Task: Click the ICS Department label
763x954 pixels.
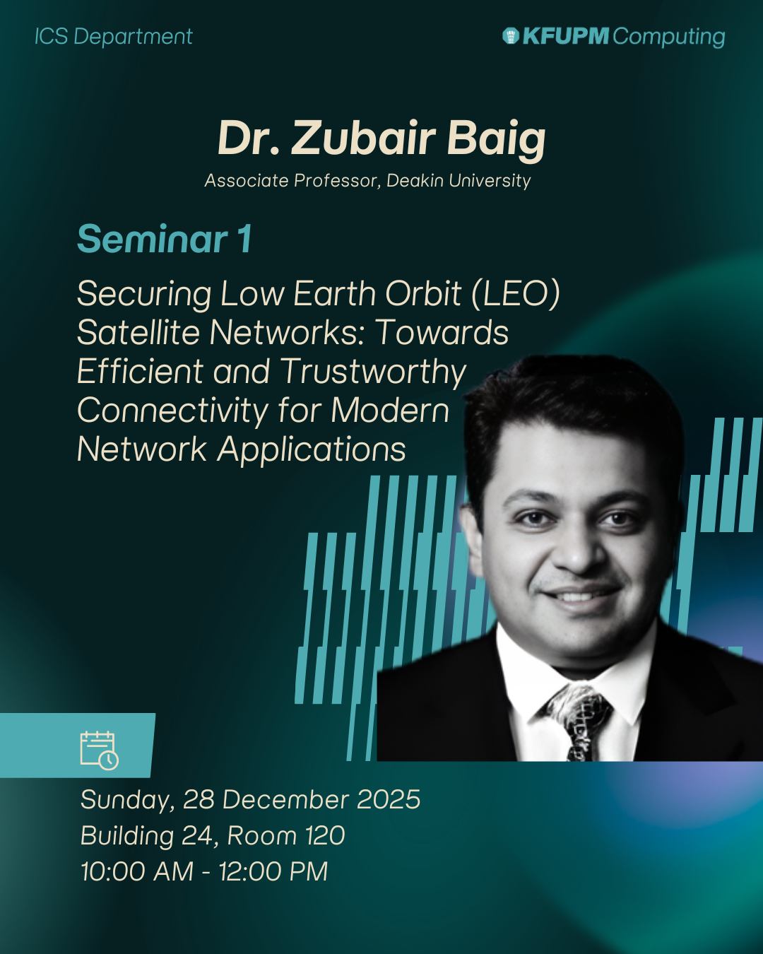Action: click(114, 37)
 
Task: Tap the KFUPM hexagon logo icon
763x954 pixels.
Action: click(510, 36)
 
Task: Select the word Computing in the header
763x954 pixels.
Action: click(669, 37)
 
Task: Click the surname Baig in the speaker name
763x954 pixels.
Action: click(496, 139)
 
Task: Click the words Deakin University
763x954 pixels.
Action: click(459, 181)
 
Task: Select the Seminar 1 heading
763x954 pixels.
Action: click(165, 239)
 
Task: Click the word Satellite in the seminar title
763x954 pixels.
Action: click(138, 332)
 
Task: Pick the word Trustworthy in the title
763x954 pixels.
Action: click(374, 372)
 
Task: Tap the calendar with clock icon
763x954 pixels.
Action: click(99, 750)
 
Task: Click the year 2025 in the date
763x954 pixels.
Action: click(389, 800)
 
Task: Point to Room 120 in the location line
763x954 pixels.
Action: click(286, 836)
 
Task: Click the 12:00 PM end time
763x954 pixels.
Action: click(273, 871)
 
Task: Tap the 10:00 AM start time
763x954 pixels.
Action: click(138, 871)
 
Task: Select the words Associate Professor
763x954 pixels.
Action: click(293, 181)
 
